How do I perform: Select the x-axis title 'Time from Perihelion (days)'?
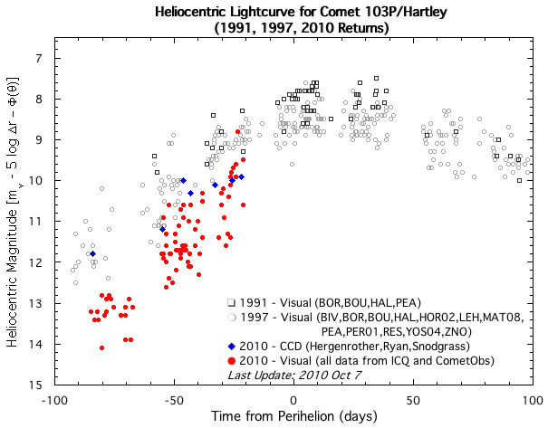click(295, 415)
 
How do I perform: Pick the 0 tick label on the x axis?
click(293, 399)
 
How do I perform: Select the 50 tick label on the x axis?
click(413, 399)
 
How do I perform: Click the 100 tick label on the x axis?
click(533, 399)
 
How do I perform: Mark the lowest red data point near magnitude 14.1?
click(101, 347)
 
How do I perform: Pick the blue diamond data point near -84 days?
click(92, 254)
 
